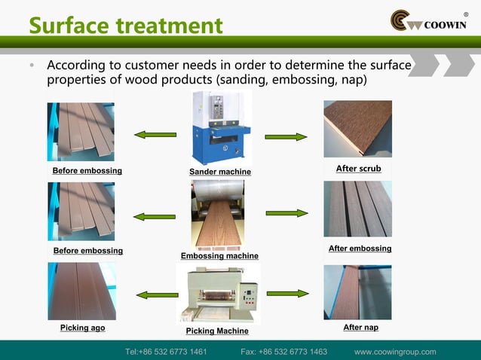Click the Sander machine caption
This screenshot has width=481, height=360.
[220, 172]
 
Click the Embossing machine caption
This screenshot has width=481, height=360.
[219, 256]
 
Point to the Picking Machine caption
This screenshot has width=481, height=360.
[217, 331]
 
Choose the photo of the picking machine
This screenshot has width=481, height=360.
[218, 294]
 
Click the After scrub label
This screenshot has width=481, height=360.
[358, 169]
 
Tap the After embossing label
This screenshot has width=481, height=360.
[360, 249]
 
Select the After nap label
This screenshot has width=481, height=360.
[360, 328]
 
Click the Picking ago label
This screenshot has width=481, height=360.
[82, 328]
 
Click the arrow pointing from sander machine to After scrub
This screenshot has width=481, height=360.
[286, 137]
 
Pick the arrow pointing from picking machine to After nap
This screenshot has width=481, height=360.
[287, 293]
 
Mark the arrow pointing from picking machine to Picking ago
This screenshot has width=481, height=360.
[157, 294]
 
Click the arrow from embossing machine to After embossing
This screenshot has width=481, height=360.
[286, 213]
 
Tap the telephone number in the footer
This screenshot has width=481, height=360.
[166, 352]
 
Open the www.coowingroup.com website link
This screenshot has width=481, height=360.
[395, 352]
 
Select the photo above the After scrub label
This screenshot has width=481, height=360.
[357, 130]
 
